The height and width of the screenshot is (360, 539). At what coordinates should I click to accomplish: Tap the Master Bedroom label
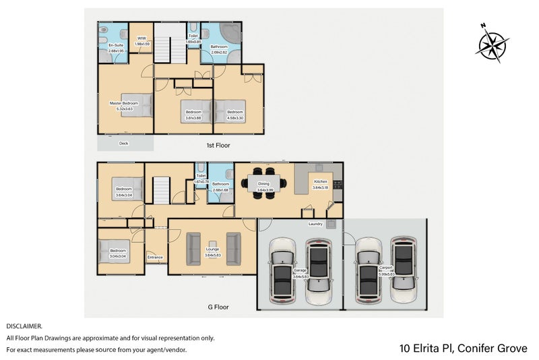tap(124, 103)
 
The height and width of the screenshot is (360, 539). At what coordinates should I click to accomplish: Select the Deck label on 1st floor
tap(123, 143)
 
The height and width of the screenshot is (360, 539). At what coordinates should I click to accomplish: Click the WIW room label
tap(142, 39)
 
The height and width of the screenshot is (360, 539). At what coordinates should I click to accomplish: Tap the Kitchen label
tap(319, 181)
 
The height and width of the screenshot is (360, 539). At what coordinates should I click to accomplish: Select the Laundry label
tap(315, 224)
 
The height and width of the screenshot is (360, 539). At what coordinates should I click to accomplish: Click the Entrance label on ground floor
tap(155, 257)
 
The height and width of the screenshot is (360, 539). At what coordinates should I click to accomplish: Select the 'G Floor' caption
tap(218, 307)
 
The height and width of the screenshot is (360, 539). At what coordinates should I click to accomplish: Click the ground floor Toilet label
tap(200, 176)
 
